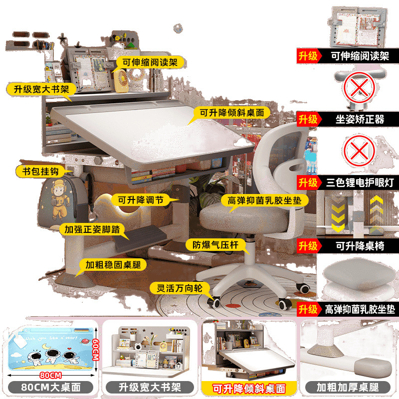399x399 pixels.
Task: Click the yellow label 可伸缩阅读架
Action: point(150,62)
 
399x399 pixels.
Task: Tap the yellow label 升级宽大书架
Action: point(41,89)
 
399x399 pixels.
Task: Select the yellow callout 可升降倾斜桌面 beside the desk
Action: point(231,113)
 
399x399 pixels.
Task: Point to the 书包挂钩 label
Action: point(40,171)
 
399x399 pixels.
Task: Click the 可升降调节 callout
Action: point(141,200)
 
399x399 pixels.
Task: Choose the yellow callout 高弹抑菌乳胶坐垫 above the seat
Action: point(265,200)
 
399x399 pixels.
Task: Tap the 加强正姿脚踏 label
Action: point(92,229)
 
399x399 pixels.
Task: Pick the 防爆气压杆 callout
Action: point(215,245)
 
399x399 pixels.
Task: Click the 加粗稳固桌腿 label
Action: point(113,265)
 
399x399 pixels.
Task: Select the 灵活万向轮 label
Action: point(180,288)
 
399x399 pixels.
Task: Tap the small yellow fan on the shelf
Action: point(121,80)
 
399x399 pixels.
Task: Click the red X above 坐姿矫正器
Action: point(359,87)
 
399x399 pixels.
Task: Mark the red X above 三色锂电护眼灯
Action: point(359,151)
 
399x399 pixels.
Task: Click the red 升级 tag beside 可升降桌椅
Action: point(308,246)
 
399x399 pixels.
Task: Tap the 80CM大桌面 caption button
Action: point(51,388)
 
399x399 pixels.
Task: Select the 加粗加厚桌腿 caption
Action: point(348,388)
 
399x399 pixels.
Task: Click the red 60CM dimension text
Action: point(95,350)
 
